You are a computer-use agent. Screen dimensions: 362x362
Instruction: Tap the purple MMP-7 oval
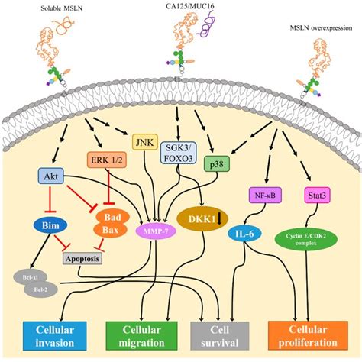[x=157, y=228]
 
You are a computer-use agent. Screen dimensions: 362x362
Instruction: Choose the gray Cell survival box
[x=218, y=334]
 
